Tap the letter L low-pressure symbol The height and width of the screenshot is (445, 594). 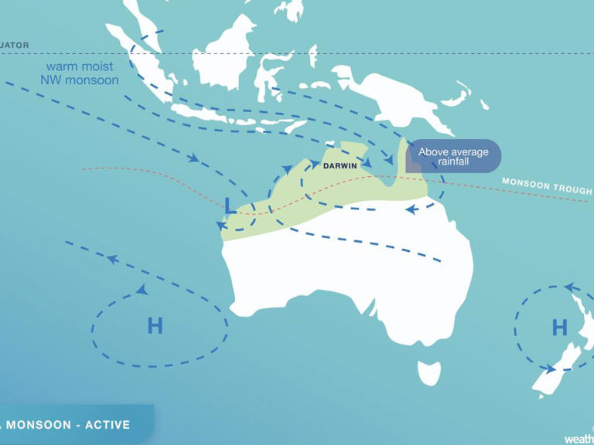tap(230, 206)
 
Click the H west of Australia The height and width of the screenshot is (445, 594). tap(155, 326)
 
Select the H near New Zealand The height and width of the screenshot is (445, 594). tap(559, 328)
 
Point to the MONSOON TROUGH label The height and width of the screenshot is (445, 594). tap(546, 186)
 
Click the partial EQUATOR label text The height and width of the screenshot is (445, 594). tap(15, 46)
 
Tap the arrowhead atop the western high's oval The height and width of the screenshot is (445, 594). tap(142, 290)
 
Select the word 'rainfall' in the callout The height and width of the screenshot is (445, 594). tap(453, 161)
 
